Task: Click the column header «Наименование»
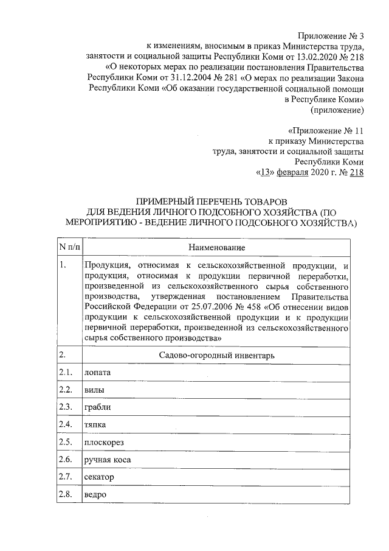tap(216, 248)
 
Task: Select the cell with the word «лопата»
tap(98, 372)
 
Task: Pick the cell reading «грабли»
tap(98, 407)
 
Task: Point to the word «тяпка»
tap(96, 424)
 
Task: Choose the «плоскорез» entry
tap(104, 442)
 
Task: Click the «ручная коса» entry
tap(108, 460)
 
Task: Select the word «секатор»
tap(99, 477)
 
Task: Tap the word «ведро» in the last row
tap(96, 494)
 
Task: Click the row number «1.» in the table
tap(63, 265)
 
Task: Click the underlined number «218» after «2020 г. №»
tap(356, 172)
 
